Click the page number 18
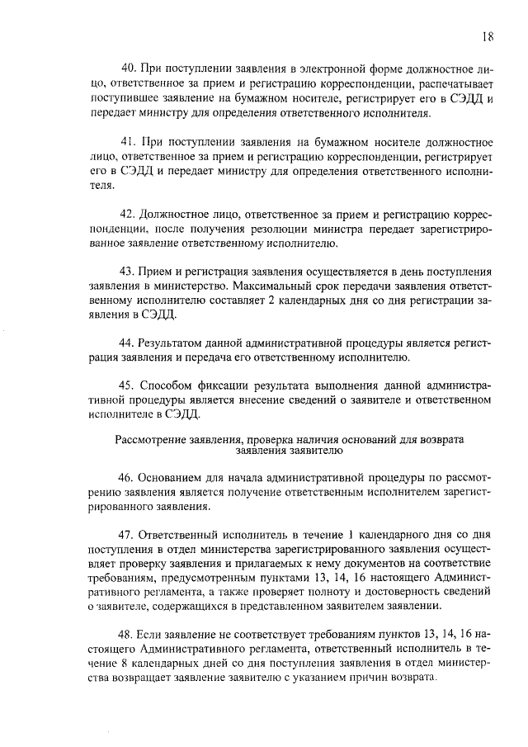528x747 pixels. click(x=488, y=35)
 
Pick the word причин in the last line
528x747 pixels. click(x=375, y=676)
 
